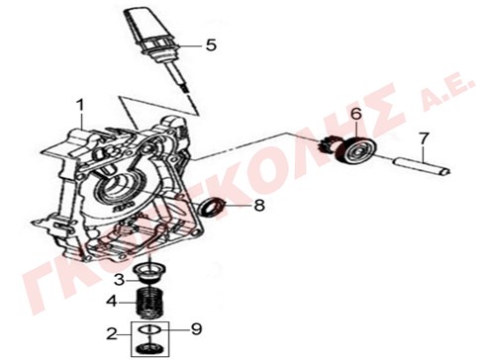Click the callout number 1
tap(80, 106)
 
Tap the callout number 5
tap(211, 45)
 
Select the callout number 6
tap(356, 114)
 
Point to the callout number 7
tap(424, 138)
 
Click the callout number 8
tap(259, 205)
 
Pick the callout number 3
tap(119, 280)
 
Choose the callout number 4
tap(112, 301)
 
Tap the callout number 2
tap(112, 334)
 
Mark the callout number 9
tap(196, 328)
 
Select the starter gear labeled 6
tap(349, 150)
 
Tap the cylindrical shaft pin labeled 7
tap(421, 166)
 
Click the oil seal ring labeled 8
tap(214, 207)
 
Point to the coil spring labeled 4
tap(149, 303)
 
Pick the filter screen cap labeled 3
tap(149, 273)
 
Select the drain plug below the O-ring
tap(149, 348)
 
